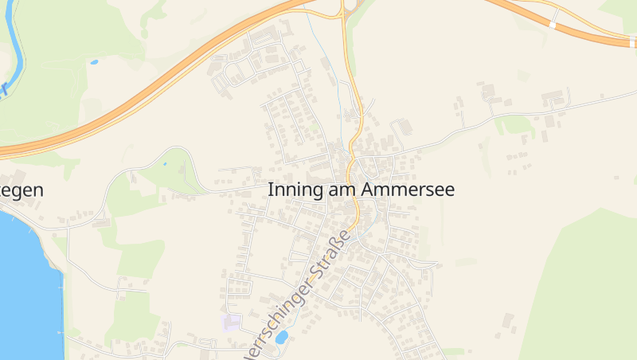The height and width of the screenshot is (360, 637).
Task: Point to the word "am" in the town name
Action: click(x=341, y=191)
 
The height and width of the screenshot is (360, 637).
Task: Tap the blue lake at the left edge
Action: click(x=24, y=279)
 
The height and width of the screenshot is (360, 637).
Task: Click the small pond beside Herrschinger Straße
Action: click(x=281, y=337)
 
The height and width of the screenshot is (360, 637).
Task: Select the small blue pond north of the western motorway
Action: click(x=94, y=61)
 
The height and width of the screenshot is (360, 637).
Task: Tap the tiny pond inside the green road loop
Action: click(x=165, y=164)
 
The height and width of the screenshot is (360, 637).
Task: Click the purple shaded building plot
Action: click(x=231, y=323)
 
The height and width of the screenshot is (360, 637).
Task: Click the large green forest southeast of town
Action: click(x=581, y=287)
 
